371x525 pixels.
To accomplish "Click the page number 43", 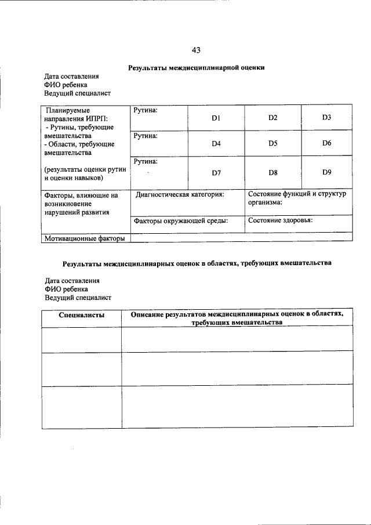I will [x=196, y=49].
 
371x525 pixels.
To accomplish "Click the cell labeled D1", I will [x=216, y=118].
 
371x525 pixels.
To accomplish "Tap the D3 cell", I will [x=326, y=118].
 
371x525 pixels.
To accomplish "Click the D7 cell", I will [x=216, y=172].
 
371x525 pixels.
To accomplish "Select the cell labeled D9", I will [x=326, y=172].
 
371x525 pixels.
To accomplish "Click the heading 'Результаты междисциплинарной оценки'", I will [x=196, y=68].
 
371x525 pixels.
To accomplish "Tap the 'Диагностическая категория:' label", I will [x=180, y=195].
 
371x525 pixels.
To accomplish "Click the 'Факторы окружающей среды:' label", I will [x=180, y=220].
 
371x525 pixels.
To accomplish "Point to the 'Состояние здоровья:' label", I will [x=281, y=220].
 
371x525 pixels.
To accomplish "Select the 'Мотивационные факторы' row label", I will [x=81, y=238].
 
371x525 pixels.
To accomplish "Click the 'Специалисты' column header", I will [x=82, y=314].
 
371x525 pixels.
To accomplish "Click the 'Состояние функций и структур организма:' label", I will [x=297, y=198].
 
